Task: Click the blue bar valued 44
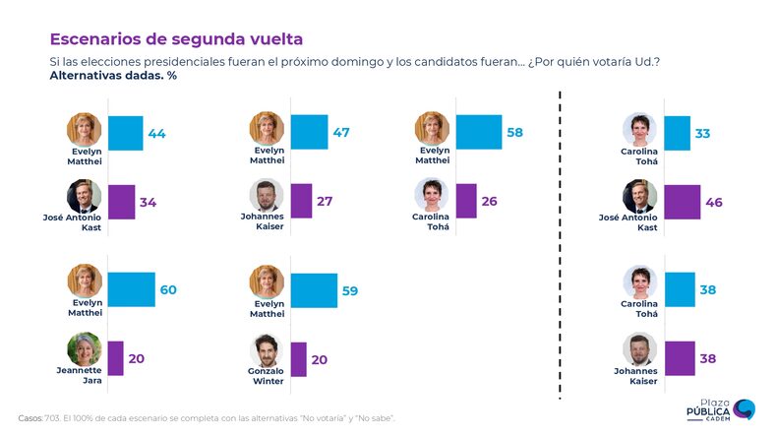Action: tap(125, 133)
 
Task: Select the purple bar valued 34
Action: tap(121, 202)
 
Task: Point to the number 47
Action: tap(340, 131)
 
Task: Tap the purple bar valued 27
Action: tap(301, 201)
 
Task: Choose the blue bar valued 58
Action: tap(479, 131)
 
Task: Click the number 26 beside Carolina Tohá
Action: tap(489, 201)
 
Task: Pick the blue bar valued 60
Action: tap(131, 289)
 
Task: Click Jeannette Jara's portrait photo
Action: tap(85, 350)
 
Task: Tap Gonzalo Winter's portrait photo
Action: tap(266, 350)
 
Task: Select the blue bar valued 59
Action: tap(314, 290)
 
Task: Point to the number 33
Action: tap(702, 133)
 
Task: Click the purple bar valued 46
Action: tap(683, 202)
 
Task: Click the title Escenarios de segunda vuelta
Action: tap(176, 39)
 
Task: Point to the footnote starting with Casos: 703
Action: tap(207, 418)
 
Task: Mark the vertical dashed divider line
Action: tap(560, 246)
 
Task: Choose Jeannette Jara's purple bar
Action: tap(115, 358)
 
